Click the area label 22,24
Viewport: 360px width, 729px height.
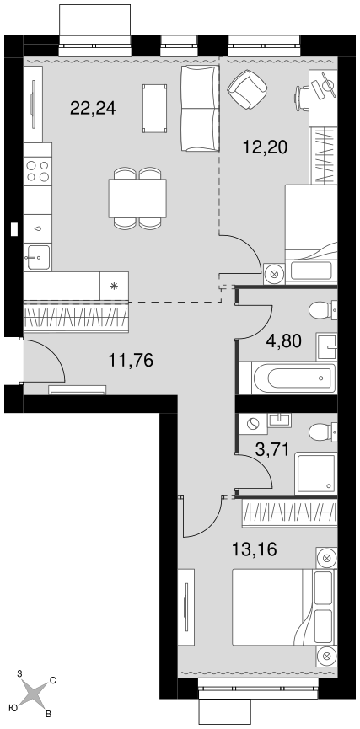[x=93, y=109]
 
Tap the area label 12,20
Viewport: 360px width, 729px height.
[x=265, y=147]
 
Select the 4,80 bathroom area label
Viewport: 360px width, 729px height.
[x=284, y=340]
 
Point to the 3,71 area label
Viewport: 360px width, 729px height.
[x=273, y=449]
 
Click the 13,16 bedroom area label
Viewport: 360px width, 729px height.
[x=255, y=549]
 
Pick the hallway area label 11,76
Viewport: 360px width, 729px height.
[x=131, y=360]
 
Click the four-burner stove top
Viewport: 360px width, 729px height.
[x=38, y=170]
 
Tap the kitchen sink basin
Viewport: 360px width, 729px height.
[x=38, y=257]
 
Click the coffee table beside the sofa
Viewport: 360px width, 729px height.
[x=154, y=109]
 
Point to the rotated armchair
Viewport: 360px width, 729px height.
[x=247, y=89]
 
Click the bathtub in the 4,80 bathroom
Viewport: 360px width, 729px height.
[x=293, y=378]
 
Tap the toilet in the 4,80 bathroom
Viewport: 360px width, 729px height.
[x=323, y=310]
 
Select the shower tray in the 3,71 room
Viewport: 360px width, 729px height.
[x=315, y=474]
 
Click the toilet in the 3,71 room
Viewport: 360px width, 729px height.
[x=323, y=432]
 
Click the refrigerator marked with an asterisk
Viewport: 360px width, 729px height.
[x=114, y=286]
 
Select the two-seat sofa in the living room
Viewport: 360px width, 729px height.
[x=200, y=109]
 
